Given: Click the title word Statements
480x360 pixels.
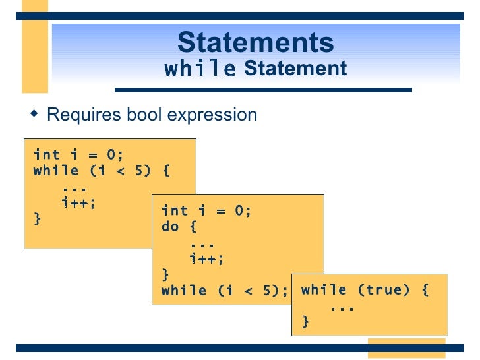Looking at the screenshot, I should click(255, 44).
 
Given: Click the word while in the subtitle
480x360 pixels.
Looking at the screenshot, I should click(200, 69).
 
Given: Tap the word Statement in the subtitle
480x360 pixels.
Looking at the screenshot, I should click(295, 68).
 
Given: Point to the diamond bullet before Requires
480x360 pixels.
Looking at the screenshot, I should click(35, 115).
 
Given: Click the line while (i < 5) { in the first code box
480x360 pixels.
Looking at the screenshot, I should click(102, 171).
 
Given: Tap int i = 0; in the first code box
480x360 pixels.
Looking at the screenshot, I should click(78, 155).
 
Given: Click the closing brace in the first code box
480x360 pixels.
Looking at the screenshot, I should click(37, 219).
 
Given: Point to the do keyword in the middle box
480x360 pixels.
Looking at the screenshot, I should click(170, 227).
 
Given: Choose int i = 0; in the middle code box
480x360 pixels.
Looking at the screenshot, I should click(206, 211).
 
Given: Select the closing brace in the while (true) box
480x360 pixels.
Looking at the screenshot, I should click(305, 322).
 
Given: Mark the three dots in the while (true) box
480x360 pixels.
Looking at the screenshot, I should click(342, 307).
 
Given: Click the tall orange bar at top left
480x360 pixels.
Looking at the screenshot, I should click(34, 46).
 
